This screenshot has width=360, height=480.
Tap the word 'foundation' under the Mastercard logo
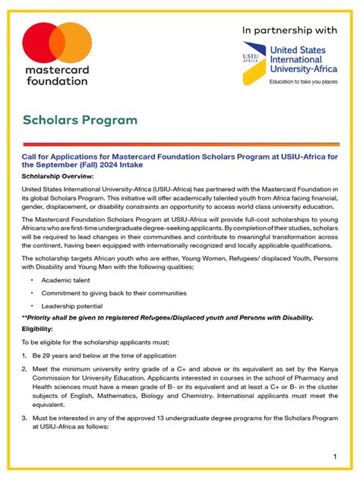pos(57,81)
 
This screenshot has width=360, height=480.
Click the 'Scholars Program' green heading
pos(80,120)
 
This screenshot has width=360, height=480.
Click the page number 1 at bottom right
pos(334,456)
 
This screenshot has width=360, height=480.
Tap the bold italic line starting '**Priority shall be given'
pos(167,317)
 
